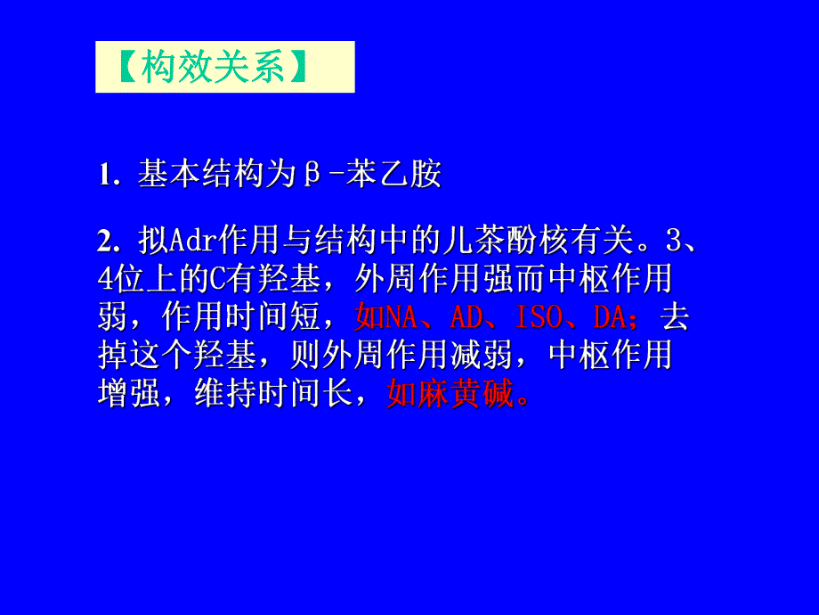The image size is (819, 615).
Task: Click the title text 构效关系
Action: coord(214,68)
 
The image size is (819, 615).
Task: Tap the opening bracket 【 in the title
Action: coord(124,68)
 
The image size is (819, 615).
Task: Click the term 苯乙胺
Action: coord(393,175)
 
